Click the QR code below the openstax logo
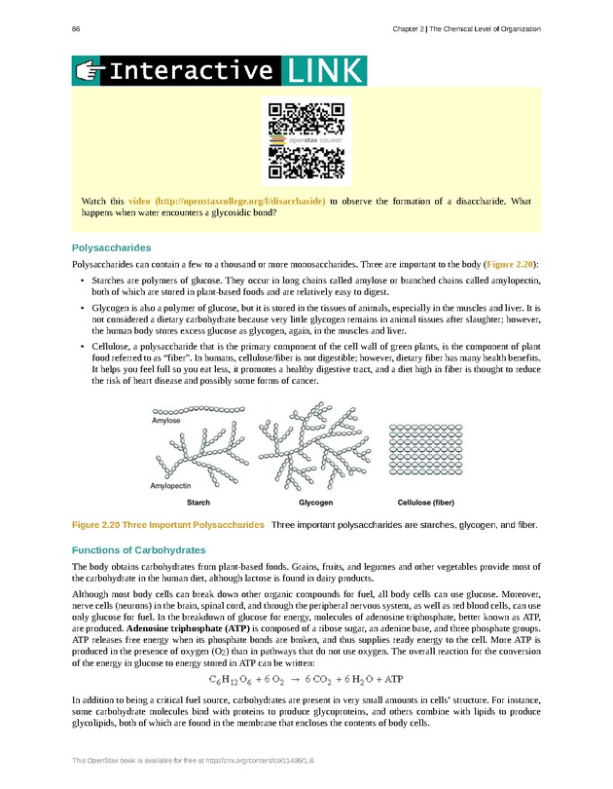tap(306, 165)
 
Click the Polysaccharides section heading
tap(112, 247)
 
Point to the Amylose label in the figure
tap(166, 421)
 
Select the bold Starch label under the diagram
tap(198, 503)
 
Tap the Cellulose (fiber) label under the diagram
tap(425, 503)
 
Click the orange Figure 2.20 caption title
tap(168, 526)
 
